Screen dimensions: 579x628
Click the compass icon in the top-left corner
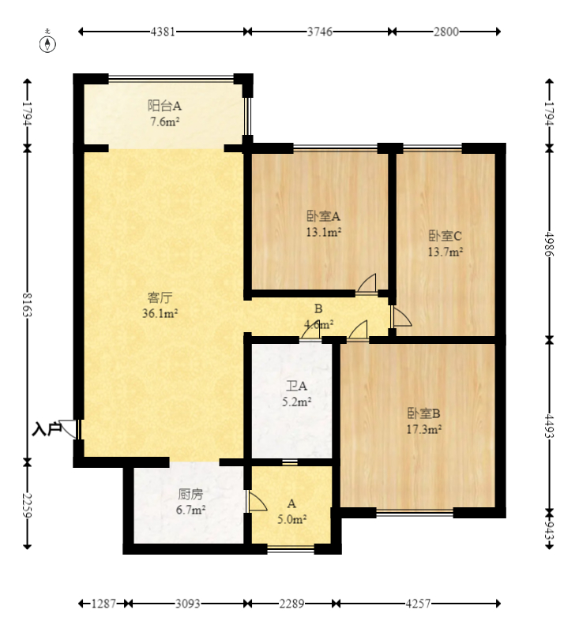[47, 43]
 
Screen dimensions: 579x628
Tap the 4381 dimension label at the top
[163, 32]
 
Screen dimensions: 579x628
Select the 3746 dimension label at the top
[320, 32]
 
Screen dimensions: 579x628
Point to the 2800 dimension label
[446, 32]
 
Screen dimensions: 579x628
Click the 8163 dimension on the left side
[28, 305]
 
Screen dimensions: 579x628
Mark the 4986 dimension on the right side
[549, 245]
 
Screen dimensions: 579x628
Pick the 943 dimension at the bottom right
[549, 531]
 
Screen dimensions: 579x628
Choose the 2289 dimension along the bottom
[291, 604]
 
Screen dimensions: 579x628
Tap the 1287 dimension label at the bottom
[103, 604]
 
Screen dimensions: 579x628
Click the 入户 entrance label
[47, 429]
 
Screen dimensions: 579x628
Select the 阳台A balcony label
[164, 106]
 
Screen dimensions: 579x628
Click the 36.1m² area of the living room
[160, 313]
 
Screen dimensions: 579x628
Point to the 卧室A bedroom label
[324, 216]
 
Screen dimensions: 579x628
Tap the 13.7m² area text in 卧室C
[445, 252]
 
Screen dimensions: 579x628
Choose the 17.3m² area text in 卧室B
[424, 430]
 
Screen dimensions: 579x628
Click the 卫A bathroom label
[296, 386]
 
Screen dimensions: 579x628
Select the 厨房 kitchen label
[190, 494]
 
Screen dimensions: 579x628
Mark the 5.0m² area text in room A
[292, 520]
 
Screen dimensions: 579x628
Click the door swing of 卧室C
[402, 317]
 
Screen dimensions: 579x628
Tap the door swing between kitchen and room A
[258, 502]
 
